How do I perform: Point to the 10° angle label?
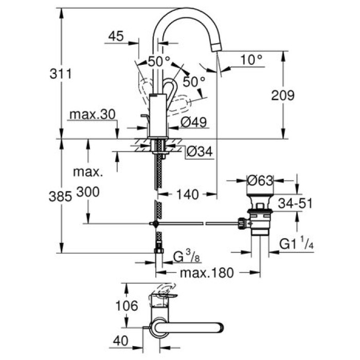tap(251, 60)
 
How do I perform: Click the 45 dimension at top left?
tap(117, 36)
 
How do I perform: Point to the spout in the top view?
tap(190, 328)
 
